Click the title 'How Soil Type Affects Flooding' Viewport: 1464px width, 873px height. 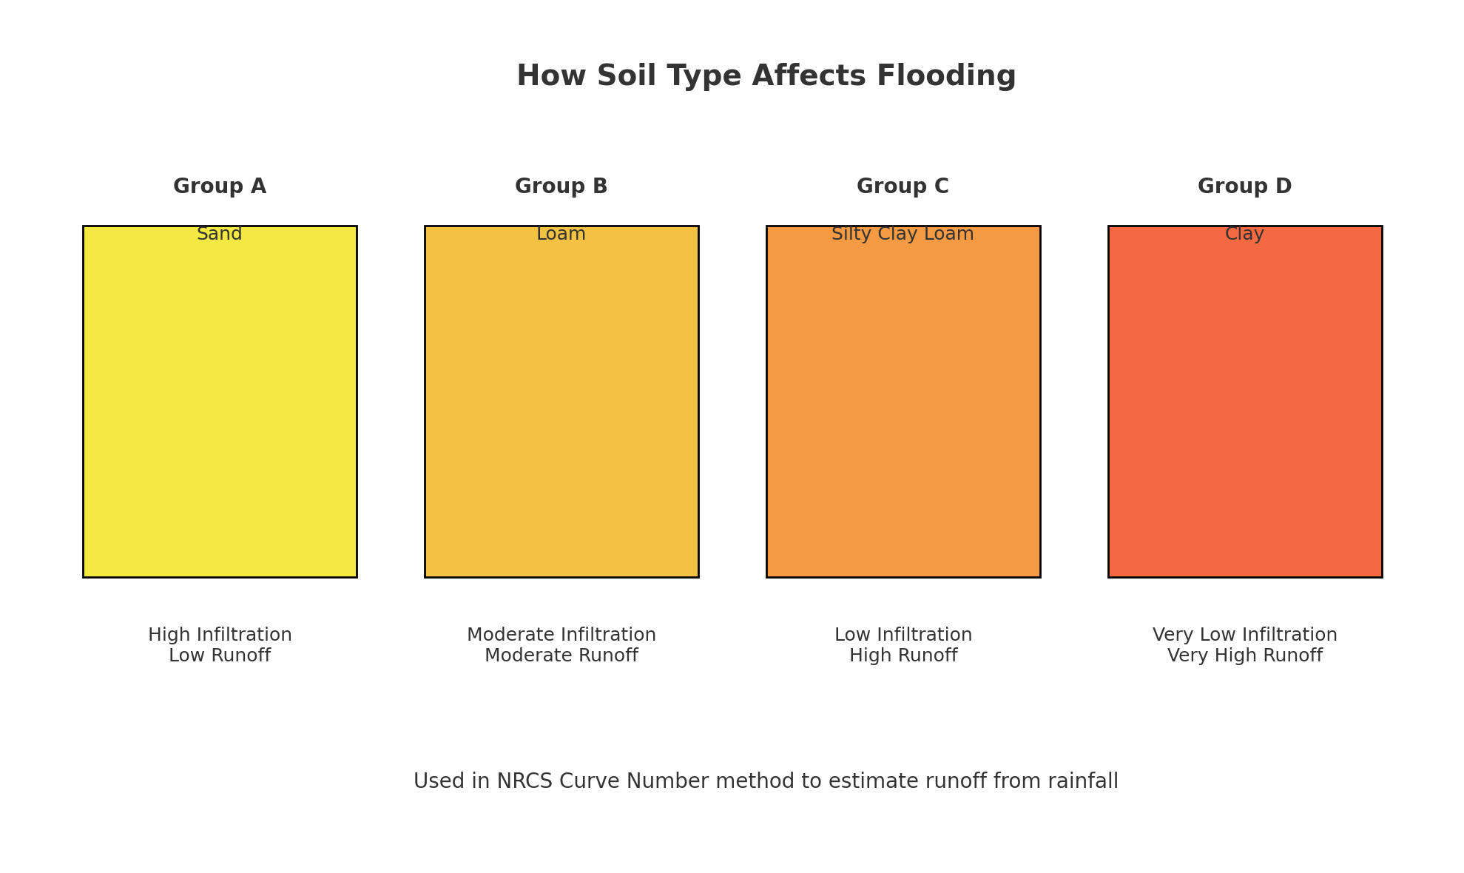pos(766,76)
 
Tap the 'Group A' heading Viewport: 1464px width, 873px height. pos(220,186)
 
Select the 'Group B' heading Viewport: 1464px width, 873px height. pos(561,186)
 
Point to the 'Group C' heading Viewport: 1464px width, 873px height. pos(903,186)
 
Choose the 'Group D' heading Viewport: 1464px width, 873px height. pos(1245,186)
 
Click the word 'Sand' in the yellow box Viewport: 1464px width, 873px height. pos(220,234)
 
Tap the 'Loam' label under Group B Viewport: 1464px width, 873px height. pos(561,234)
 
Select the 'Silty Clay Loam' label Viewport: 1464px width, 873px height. pos(903,235)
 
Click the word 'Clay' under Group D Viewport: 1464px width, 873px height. pos(1245,235)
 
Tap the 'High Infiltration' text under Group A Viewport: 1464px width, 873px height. pos(220,635)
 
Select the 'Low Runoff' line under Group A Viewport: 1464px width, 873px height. pos(220,655)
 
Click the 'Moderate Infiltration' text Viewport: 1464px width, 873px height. pos(561,635)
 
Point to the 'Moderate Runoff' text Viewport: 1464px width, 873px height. pos(561,655)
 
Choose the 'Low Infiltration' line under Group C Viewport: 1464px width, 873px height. pos(903,635)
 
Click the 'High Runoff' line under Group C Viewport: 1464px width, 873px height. pos(903,655)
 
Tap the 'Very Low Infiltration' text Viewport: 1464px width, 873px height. pos(1245,635)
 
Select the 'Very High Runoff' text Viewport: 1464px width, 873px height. pos(1245,655)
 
